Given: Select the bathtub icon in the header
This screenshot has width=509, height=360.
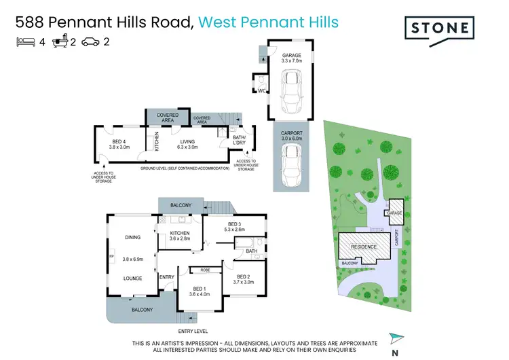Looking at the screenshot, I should coord(58,41).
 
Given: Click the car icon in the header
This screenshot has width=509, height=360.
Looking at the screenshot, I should coord(90,41).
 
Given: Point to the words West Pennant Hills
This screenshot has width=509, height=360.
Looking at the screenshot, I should coord(269,22).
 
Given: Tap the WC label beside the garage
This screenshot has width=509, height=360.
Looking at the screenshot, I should coord(261,90).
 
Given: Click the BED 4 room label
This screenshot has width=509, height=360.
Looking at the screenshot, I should coord(119,143).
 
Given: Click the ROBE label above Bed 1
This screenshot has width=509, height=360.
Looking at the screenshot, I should coord(205,270).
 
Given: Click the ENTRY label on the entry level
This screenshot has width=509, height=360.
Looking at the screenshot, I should coord(166,276).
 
